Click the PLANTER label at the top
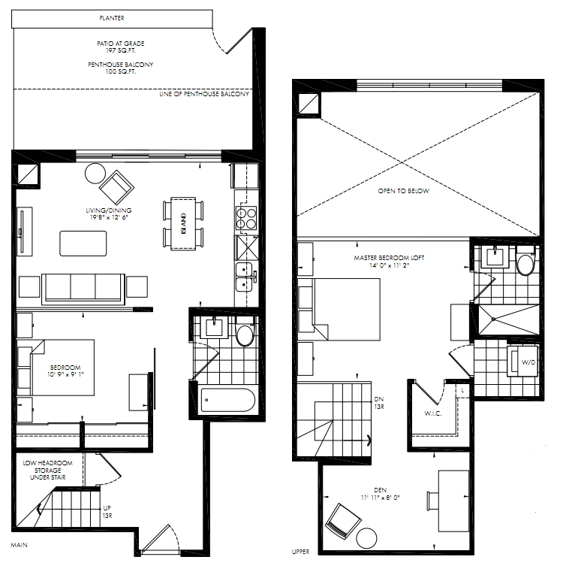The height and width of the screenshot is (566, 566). (x=112, y=18)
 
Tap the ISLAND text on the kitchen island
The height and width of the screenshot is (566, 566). (x=183, y=223)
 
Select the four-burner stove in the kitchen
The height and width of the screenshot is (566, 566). (x=246, y=218)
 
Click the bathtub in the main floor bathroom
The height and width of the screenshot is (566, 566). (x=227, y=400)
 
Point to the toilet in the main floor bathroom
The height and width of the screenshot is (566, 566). (x=245, y=331)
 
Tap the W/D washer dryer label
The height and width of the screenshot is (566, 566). (x=528, y=362)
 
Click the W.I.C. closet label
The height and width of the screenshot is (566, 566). (x=433, y=413)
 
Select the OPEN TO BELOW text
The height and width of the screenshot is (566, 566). (x=404, y=190)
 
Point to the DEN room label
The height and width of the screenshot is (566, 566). (x=381, y=490)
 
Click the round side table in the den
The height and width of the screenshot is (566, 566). (x=366, y=538)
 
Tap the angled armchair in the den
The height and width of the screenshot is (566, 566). (x=343, y=521)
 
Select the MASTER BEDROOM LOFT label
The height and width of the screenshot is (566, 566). (x=389, y=258)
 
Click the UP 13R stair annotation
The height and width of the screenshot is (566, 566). (x=107, y=512)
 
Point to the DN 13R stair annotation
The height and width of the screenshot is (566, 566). (x=379, y=403)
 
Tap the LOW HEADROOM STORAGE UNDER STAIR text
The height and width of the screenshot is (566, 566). (x=47, y=470)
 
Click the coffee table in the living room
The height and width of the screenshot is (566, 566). (x=83, y=244)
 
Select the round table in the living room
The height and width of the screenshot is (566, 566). (x=95, y=174)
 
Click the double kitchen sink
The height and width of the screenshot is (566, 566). (x=245, y=277)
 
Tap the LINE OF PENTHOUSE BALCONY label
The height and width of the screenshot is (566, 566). (x=204, y=94)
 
